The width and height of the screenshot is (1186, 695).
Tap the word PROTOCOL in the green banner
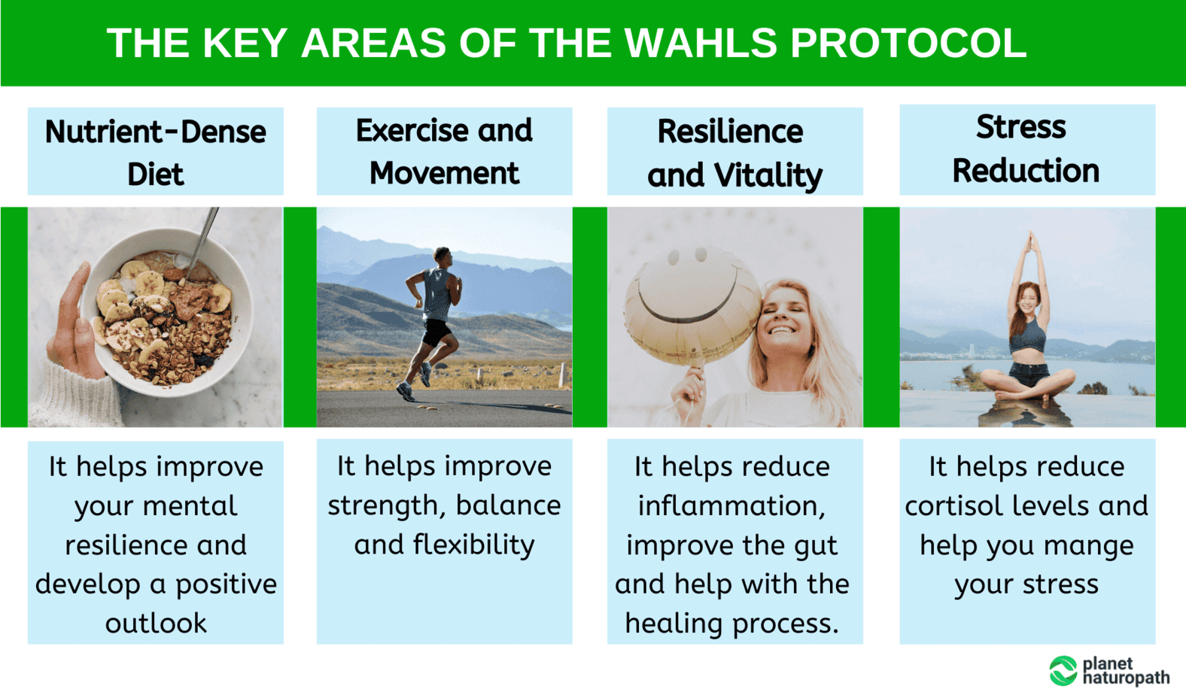point(908,43)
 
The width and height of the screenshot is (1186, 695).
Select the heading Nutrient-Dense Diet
point(156,153)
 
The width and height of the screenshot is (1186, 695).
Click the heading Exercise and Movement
point(444,151)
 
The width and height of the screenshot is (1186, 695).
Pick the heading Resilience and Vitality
point(735,153)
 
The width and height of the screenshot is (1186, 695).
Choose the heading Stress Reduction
point(1026,149)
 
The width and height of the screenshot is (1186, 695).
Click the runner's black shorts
point(436,332)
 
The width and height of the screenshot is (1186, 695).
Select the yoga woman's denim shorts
point(1028,373)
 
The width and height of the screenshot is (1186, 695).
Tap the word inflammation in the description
point(731,506)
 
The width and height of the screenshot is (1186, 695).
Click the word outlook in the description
point(156,623)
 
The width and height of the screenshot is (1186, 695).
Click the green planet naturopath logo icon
point(1063,671)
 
